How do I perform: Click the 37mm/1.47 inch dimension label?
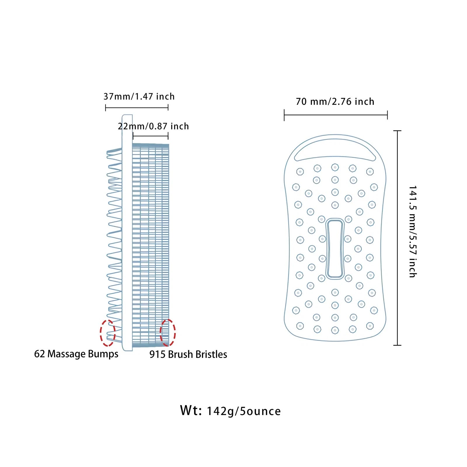(x=139, y=96)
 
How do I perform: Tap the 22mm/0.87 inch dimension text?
(x=153, y=126)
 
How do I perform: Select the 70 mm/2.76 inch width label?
(x=335, y=102)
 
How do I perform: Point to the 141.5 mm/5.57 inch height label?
(x=412, y=231)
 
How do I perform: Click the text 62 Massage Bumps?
(x=76, y=354)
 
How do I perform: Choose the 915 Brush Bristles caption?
(x=188, y=354)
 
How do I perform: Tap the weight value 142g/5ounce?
(x=244, y=411)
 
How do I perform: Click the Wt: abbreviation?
(x=191, y=410)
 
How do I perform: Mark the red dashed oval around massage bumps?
(x=108, y=333)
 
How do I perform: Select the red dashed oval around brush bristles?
(x=168, y=333)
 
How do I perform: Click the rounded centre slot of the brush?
(x=335, y=248)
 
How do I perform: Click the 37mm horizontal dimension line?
(x=137, y=108)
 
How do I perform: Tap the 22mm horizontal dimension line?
(x=151, y=136)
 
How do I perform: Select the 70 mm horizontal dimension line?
(x=336, y=115)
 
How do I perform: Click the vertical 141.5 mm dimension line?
(x=398, y=238)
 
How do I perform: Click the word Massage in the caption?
(x=67, y=354)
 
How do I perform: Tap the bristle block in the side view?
(x=151, y=245)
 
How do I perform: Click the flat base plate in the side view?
(x=127, y=233)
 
